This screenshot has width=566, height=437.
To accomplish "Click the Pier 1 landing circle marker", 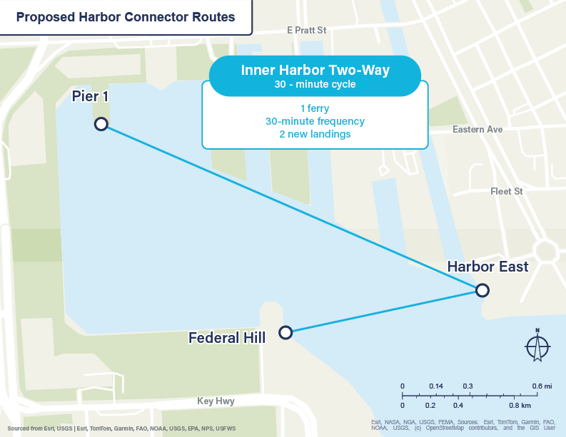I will [x=101, y=124].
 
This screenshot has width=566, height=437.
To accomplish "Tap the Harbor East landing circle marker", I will [x=482, y=290].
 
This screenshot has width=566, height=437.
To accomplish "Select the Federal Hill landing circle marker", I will [x=285, y=332].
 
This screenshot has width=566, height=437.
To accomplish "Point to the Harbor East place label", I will [x=487, y=267].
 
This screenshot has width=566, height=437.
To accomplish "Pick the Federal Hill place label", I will [x=227, y=337].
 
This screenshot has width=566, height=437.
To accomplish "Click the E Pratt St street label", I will [x=306, y=31].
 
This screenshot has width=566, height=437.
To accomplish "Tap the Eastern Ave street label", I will [x=477, y=130].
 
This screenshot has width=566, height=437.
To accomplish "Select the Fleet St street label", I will [x=507, y=192].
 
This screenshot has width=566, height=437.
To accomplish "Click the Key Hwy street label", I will [x=216, y=401].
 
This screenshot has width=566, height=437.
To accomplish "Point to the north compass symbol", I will [x=537, y=346].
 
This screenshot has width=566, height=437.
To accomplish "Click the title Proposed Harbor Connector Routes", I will [x=126, y=17].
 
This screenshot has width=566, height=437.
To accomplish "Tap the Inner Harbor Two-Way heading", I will [x=315, y=71].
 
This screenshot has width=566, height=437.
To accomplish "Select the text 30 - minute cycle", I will [x=315, y=84].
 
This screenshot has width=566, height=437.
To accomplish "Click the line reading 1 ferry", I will [x=315, y=108].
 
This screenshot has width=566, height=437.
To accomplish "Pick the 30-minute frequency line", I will [x=315, y=121].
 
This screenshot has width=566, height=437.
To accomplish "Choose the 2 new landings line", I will [x=315, y=134].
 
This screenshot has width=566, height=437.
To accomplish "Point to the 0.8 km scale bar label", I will [x=519, y=406].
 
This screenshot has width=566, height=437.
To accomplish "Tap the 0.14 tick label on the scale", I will [x=435, y=386].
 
